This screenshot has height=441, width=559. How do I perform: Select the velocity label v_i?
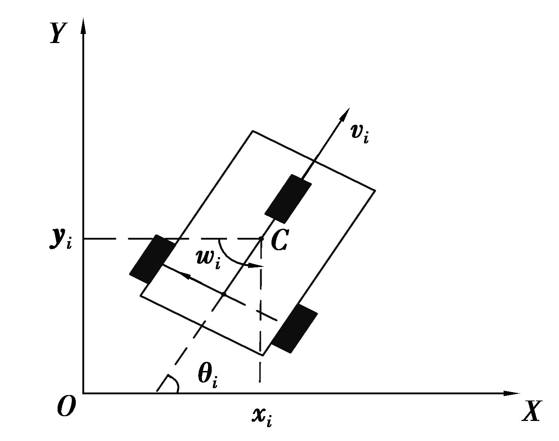(360, 134)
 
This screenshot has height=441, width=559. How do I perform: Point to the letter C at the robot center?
(279, 240)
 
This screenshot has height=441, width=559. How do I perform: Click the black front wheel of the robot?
(288, 199)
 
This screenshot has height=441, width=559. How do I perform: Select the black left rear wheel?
(152, 259)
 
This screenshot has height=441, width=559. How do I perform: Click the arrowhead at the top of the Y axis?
(83, 26)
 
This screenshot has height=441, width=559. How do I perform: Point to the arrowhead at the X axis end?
(512, 394)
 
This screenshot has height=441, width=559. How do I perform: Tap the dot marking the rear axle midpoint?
(223, 294)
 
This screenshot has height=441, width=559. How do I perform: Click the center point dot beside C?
(262, 239)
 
